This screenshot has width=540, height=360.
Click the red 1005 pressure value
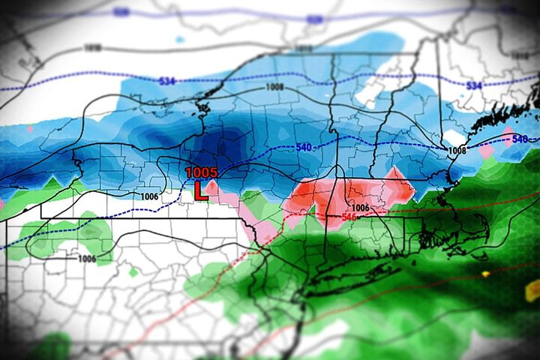pos(202,172)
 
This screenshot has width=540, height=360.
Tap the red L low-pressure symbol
pos(200,190)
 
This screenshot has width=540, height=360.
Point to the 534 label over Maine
pos(474,86)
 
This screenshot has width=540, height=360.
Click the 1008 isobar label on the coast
pos(457,151)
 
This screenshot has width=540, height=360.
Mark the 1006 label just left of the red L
pos(149,196)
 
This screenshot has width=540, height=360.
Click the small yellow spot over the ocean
pos(486,274)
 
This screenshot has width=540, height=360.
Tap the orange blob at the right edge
pos(533,289)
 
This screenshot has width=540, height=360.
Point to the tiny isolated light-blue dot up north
pos(179,39)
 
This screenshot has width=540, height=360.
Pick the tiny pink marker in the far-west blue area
pos(30,129)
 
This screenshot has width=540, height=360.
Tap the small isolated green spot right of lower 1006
pos(133,271)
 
